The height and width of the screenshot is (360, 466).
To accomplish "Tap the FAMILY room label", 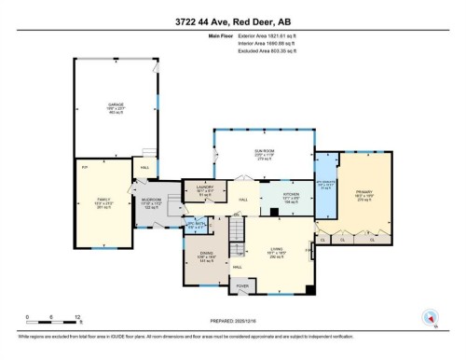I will (103, 199).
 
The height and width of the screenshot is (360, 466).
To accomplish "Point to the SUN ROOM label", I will (263, 147).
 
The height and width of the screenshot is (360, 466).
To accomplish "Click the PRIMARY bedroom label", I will (363, 193).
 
